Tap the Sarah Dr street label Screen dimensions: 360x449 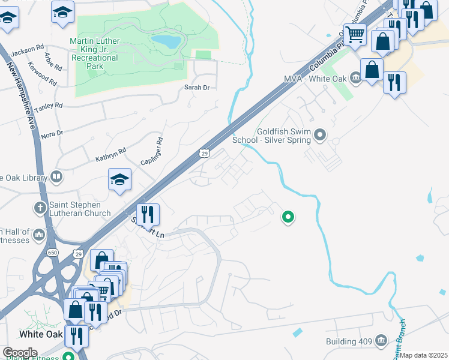coord(196,88)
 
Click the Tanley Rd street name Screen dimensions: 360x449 coord(49,107)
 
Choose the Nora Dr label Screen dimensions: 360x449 coord(52,133)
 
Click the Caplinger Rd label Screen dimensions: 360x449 coord(160,152)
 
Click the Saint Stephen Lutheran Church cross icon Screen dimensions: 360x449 coord(40,208)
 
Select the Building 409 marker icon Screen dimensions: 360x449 coord(379,341)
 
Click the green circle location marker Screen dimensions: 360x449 coord(288,217)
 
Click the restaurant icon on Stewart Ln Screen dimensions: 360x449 coord(146,213)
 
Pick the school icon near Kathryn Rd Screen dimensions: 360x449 coord(119,179)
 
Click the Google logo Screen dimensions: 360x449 coord(19,353)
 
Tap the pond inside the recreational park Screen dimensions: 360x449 coord(165,41)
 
